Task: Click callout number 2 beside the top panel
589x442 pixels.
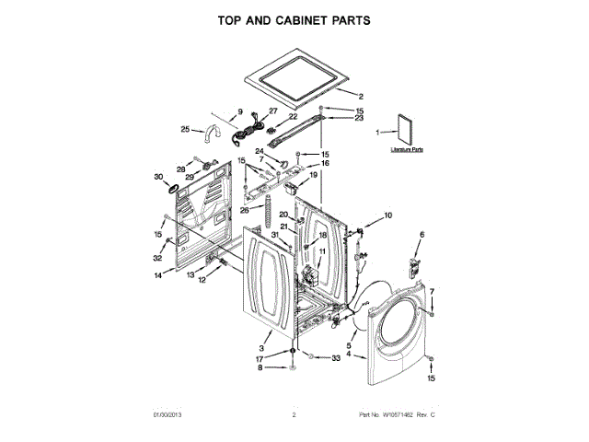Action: (x=361, y=97)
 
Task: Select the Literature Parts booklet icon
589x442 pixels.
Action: (x=405, y=130)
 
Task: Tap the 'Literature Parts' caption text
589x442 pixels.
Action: (x=406, y=148)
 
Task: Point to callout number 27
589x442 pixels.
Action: (x=272, y=111)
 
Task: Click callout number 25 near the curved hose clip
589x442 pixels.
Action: (x=184, y=129)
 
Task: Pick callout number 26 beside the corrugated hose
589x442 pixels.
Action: (x=245, y=209)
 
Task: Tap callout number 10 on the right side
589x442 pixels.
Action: (x=387, y=215)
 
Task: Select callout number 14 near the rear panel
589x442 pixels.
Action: (x=157, y=274)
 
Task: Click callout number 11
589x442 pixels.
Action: (x=322, y=251)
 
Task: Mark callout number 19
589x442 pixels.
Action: (x=313, y=175)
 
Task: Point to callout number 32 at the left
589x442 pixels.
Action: (x=157, y=259)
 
